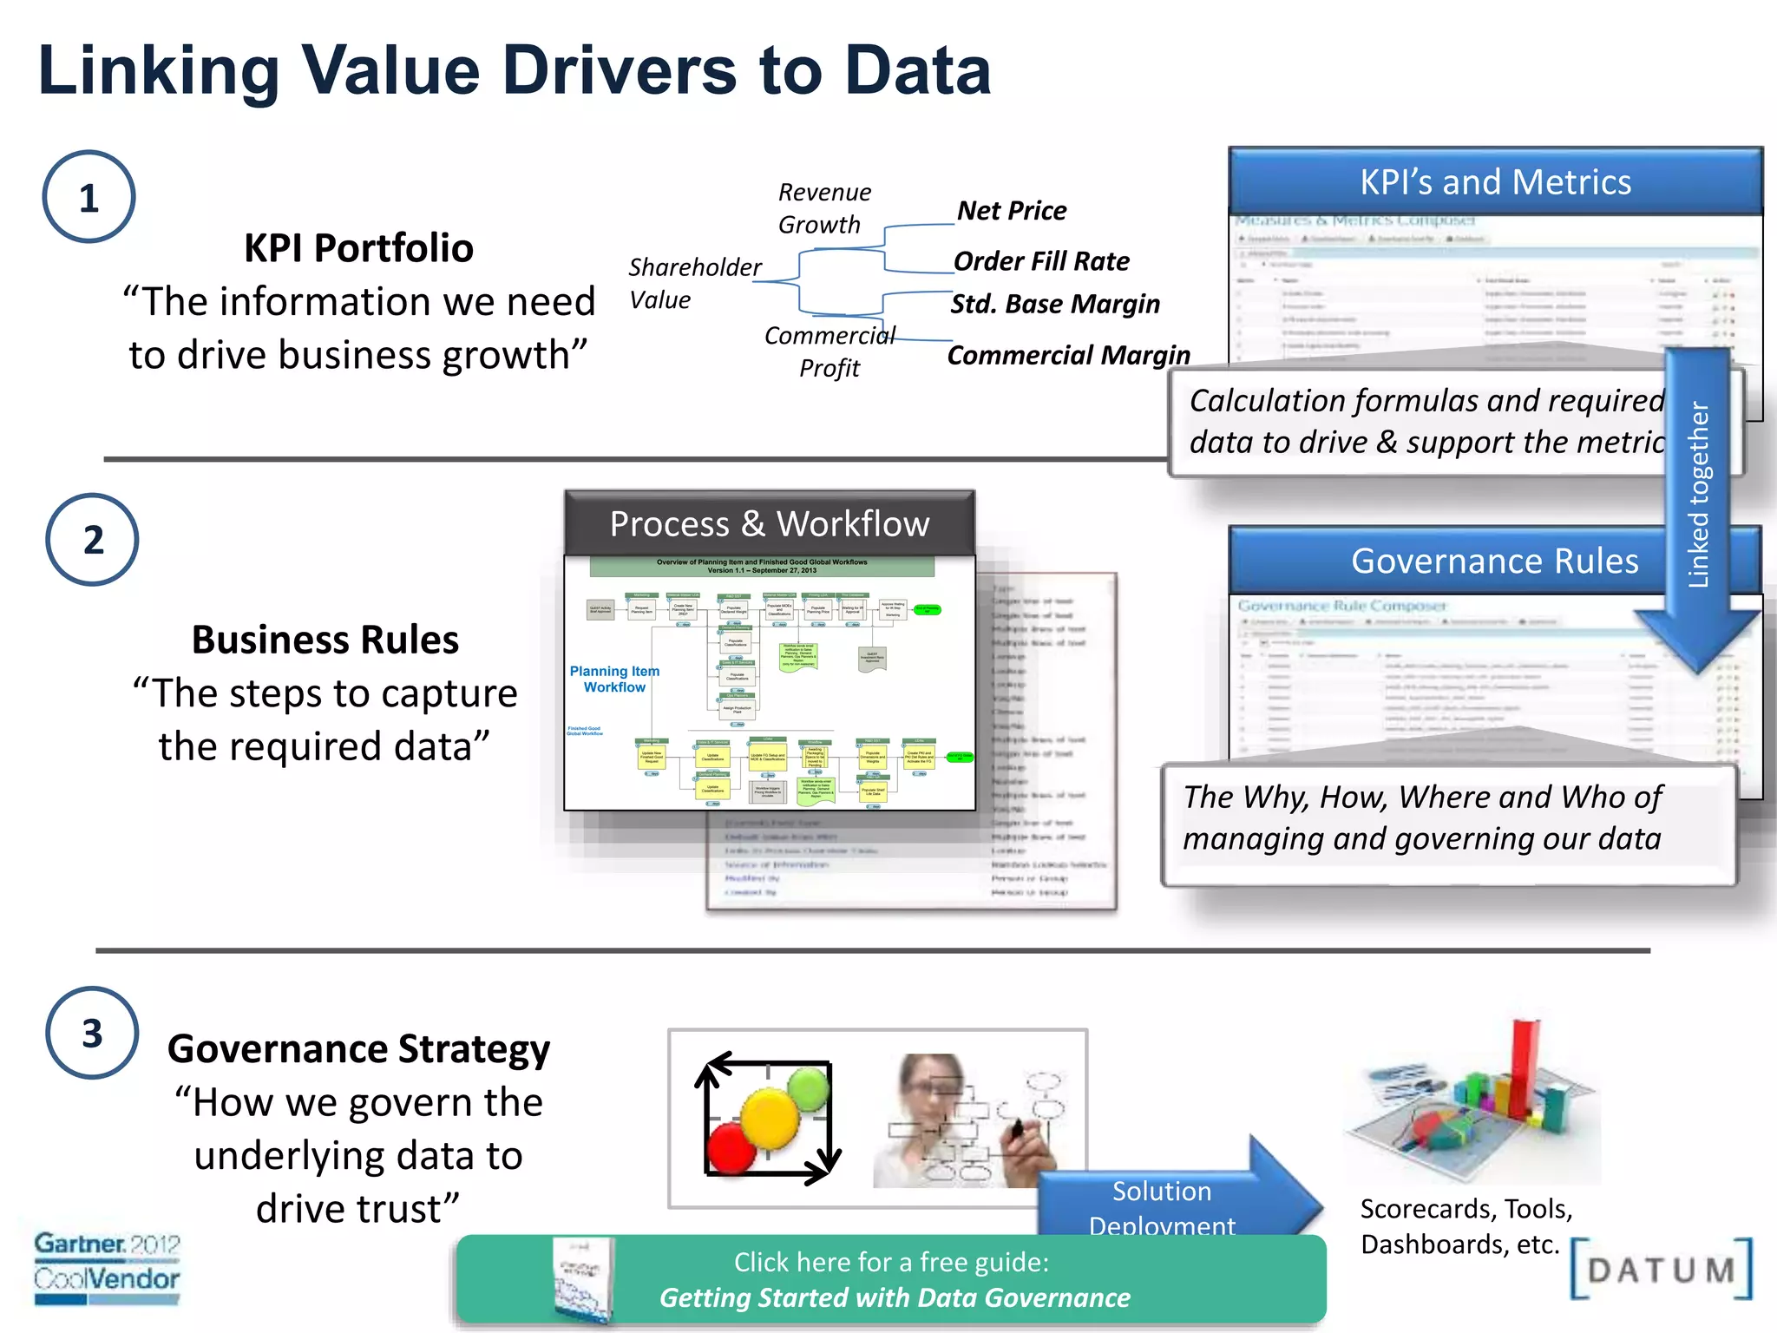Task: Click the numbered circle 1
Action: tap(89, 197)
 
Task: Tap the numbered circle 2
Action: tap(92, 540)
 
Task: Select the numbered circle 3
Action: tap(92, 1033)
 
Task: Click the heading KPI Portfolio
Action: tap(358, 248)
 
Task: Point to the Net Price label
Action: tap(1012, 211)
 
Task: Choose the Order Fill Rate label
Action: tap(1041, 261)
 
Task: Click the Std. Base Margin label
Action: tap(1055, 304)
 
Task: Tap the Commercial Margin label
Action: tap(1068, 355)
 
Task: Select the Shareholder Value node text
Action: tap(694, 283)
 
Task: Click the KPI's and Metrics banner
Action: tap(1495, 182)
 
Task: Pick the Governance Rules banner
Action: tap(1494, 561)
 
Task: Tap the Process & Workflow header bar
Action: tap(770, 524)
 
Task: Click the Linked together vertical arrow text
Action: tap(1698, 495)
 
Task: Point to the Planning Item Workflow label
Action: tap(614, 679)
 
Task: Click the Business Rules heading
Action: tap(325, 640)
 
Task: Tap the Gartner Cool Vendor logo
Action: tap(107, 1268)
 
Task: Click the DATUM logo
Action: tap(1661, 1270)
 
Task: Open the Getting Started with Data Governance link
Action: tap(894, 1297)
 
